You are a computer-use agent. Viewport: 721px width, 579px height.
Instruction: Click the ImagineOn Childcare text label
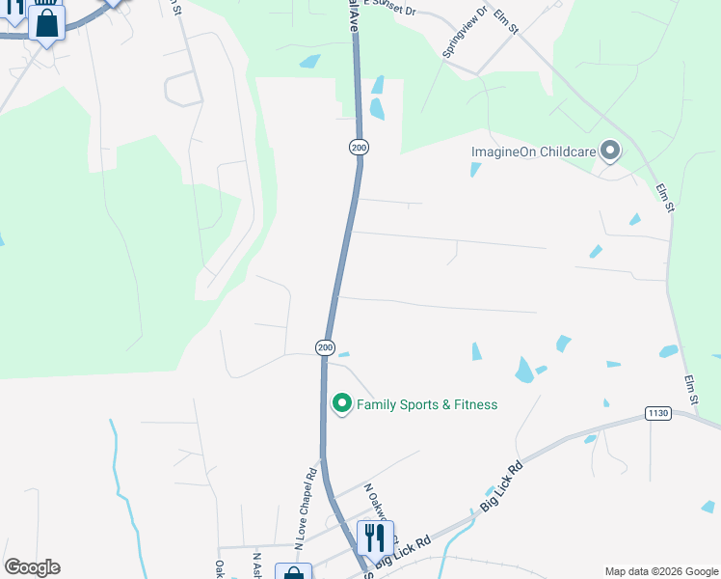coord(532,152)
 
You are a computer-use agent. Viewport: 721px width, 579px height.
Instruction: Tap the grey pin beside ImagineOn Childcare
coord(609,151)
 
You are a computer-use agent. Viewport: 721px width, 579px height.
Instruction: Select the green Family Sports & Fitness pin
coord(341,404)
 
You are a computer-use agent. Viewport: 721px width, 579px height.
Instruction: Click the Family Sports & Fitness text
coord(427,404)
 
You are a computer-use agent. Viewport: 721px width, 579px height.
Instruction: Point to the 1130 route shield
coord(657,414)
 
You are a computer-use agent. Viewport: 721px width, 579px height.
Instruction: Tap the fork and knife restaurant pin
coord(375,538)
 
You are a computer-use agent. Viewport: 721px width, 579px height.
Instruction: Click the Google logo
coord(32,567)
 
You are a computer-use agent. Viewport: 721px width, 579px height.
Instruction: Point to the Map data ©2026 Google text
coord(659,571)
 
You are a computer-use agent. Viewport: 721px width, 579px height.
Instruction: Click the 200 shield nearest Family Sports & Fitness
coord(325,347)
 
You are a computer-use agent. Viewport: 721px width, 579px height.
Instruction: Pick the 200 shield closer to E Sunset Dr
coord(359,147)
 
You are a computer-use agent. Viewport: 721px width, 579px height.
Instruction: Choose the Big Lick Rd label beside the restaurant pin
coord(395,558)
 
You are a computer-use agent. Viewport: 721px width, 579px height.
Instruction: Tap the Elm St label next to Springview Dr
coord(505,21)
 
